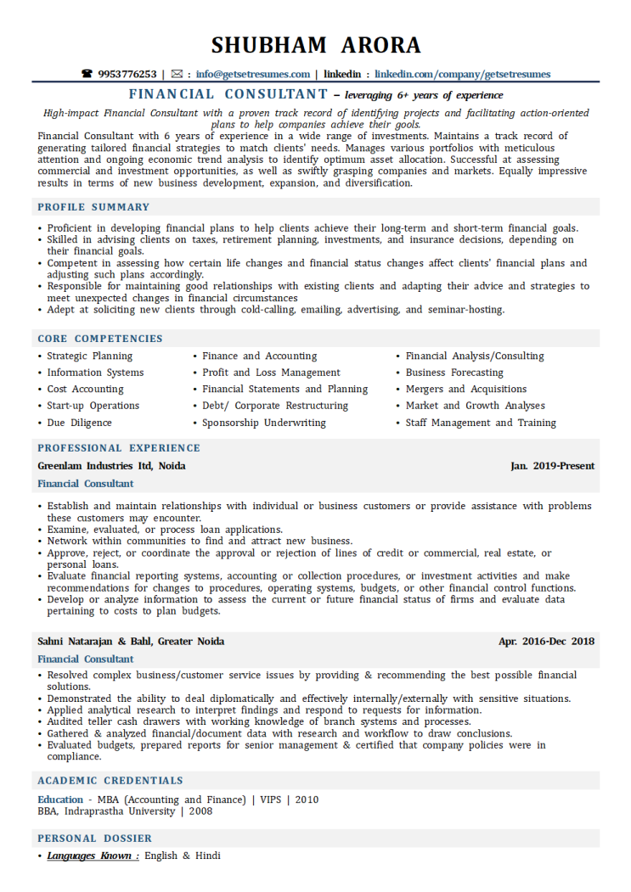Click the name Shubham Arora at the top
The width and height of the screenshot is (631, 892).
[x=315, y=44]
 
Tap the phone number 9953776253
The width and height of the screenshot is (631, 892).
[x=127, y=75]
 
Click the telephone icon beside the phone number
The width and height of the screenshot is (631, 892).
[x=87, y=75]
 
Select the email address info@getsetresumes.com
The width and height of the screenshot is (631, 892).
[x=251, y=75]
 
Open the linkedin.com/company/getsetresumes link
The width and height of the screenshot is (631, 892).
[x=462, y=75]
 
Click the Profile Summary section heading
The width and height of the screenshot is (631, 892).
[x=93, y=207]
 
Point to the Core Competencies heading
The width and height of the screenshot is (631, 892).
[x=100, y=339]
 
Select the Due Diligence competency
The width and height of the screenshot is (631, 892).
[x=79, y=423]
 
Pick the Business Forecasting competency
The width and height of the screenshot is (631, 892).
[x=454, y=373]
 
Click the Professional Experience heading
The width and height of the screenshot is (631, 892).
[x=119, y=448]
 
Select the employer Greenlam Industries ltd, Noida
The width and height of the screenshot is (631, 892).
[x=111, y=466]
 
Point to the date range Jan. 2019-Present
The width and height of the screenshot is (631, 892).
[x=552, y=466]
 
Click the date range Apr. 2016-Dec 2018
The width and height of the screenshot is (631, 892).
[x=546, y=642]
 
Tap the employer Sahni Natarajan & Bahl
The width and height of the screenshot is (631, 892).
[x=131, y=642]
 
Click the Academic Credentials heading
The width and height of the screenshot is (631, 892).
[x=110, y=781]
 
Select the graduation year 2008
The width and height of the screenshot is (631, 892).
[x=200, y=811]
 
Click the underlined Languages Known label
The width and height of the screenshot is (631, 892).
[x=93, y=856]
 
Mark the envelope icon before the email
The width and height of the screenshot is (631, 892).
[x=177, y=75]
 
